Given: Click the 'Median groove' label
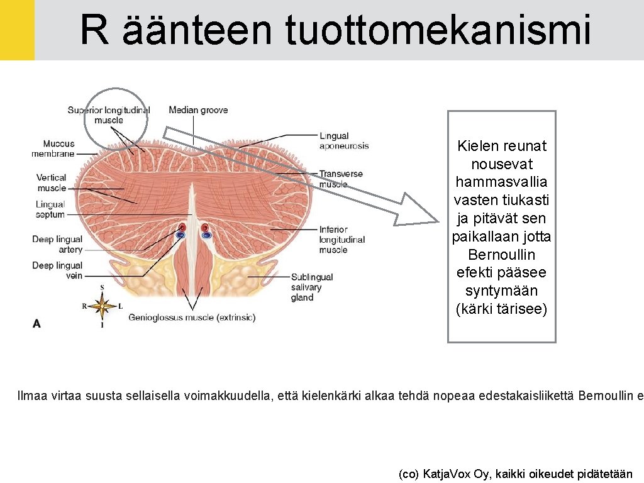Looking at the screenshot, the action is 198,111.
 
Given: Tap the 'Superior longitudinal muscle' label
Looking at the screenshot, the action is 109,115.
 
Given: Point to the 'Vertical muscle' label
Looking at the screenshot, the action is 51,182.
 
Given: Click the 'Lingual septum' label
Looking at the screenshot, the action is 50,209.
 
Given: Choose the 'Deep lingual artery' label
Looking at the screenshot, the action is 57,244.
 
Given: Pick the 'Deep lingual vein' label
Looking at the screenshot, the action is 57,270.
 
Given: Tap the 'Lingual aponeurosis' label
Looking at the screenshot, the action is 343,141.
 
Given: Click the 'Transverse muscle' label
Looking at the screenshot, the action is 341,179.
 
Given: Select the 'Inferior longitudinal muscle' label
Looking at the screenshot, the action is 341,240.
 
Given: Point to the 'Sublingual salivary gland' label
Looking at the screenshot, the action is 311,287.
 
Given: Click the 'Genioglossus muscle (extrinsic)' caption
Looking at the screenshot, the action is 192,318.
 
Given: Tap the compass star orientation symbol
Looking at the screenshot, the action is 102,306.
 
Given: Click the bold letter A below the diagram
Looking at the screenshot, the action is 36,323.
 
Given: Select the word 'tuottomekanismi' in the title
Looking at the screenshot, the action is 438,30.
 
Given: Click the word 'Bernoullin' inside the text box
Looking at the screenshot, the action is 502,255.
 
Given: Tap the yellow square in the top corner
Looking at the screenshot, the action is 17,30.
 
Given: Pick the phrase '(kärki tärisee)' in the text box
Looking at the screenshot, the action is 502,309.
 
